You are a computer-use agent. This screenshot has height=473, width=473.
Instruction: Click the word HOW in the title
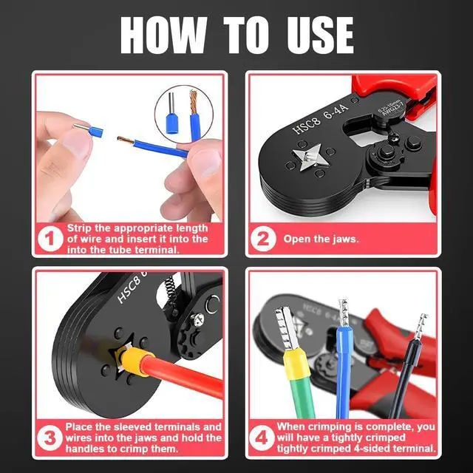pyautogui.click(x=163, y=35)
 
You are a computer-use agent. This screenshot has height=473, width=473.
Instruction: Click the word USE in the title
pyautogui.click(x=320, y=35)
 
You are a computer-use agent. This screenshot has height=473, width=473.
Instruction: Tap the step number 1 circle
pyautogui.click(x=50, y=239)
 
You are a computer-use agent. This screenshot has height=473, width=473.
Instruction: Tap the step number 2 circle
pyautogui.click(x=263, y=239)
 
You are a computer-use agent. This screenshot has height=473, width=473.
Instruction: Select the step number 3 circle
pyautogui.click(x=50, y=438)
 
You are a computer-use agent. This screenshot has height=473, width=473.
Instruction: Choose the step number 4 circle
pyautogui.click(x=262, y=438)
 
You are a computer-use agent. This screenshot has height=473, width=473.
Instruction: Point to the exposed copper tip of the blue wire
pyautogui.click(x=125, y=140)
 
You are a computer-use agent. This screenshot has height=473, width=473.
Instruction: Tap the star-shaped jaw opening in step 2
pyautogui.click(x=308, y=157)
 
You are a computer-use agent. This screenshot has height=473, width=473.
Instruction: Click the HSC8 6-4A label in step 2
pyautogui.click(x=320, y=118)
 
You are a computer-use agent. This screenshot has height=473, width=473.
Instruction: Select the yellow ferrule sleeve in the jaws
pyautogui.click(x=135, y=361)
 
